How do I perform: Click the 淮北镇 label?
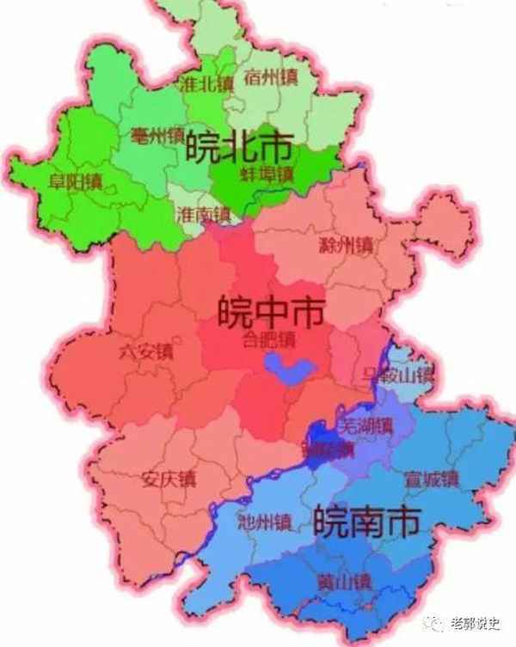click(x=206, y=84)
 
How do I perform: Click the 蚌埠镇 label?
click(x=267, y=174)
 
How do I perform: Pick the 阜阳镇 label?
click(x=76, y=182)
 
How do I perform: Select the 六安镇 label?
click(x=146, y=351)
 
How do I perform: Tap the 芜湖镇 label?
click(x=365, y=424)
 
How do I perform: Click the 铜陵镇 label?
click(x=327, y=449)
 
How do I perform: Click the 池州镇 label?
click(x=266, y=520)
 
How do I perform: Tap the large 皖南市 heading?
click(x=367, y=520)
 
